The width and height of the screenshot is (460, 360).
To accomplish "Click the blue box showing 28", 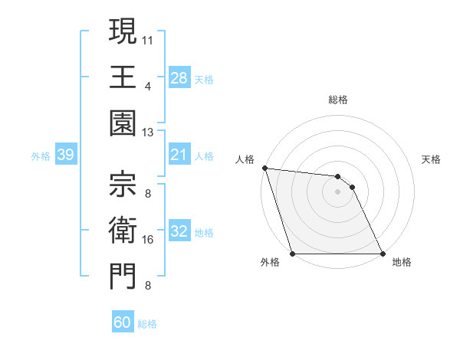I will tap(179, 78).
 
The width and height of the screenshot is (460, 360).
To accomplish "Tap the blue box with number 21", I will tap(179, 155).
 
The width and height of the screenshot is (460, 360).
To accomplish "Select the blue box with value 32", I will tap(179, 232).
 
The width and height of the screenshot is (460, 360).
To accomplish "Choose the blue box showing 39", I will tap(65, 155).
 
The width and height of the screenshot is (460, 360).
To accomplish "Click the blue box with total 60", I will tap(123, 322).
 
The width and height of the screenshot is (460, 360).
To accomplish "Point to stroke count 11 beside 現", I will tap(148, 38).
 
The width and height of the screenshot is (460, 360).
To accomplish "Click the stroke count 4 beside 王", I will tap(147, 86).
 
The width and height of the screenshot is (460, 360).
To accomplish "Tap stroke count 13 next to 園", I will tap(148, 133).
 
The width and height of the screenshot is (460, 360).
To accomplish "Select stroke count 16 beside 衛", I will tap(148, 239).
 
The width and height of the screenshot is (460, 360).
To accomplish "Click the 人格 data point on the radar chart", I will tap(264, 168).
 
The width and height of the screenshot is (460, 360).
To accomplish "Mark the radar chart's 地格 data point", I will tap(382, 254).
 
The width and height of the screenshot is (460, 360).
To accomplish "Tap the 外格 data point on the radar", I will tap(293, 254).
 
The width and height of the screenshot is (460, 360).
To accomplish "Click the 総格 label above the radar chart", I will tap(337, 100).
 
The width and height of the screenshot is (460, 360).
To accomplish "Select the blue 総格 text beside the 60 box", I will tap(147, 324).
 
